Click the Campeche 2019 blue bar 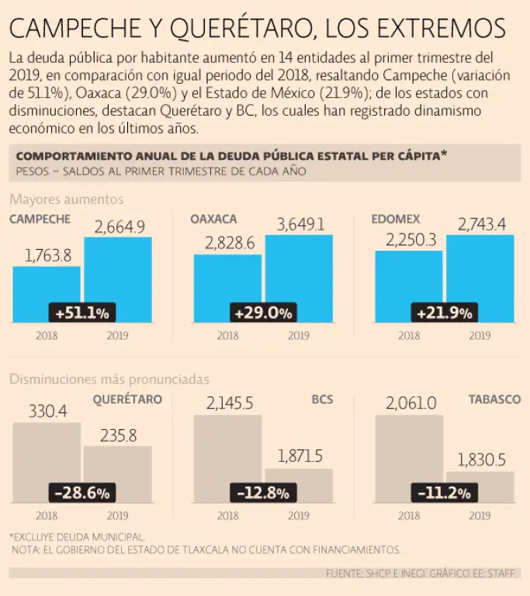tap(117, 272)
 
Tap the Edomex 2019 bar tap(480, 272)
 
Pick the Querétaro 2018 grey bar tap(47, 454)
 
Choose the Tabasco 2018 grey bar tap(409, 450)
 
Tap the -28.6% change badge tap(82, 492)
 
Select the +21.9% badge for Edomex tap(445, 314)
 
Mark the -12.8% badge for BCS tap(263, 492)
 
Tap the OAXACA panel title tap(213, 219)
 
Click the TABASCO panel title tap(494, 399)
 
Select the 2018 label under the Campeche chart tap(47, 336)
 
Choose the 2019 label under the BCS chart tap(299, 515)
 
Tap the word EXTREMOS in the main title tap(442, 29)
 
